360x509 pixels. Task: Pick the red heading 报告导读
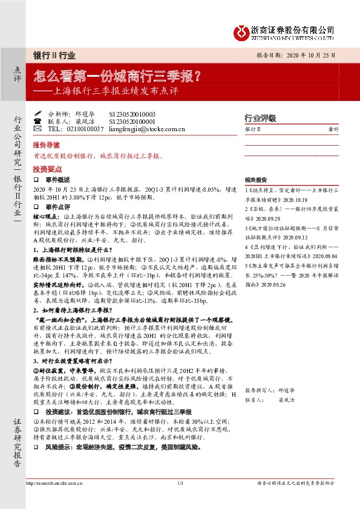(x=46, y=145)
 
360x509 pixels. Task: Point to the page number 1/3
(x=180, y=482)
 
